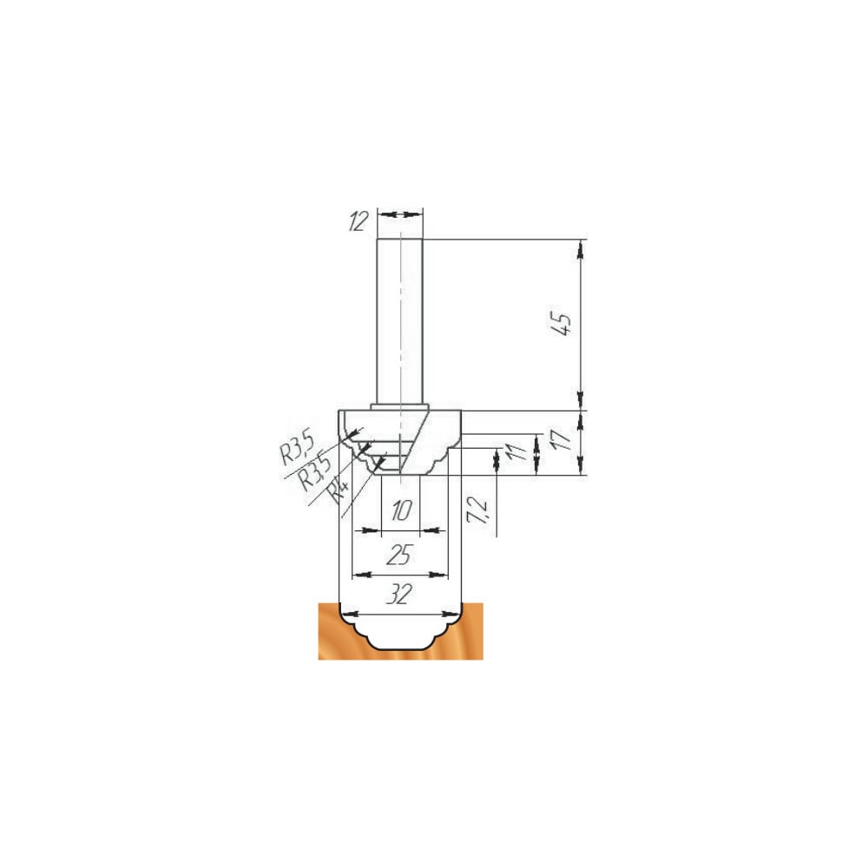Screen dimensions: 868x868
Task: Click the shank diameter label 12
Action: (x=358, y=221)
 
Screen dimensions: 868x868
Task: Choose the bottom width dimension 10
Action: (x=401, y=511)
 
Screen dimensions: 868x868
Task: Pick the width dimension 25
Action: (x=398, y=556)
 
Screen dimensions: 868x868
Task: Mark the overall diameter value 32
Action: (x=399, y=595)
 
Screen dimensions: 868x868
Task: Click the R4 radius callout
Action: (x=339, y=491)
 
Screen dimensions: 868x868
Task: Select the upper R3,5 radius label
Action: (x=297, y=448)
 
